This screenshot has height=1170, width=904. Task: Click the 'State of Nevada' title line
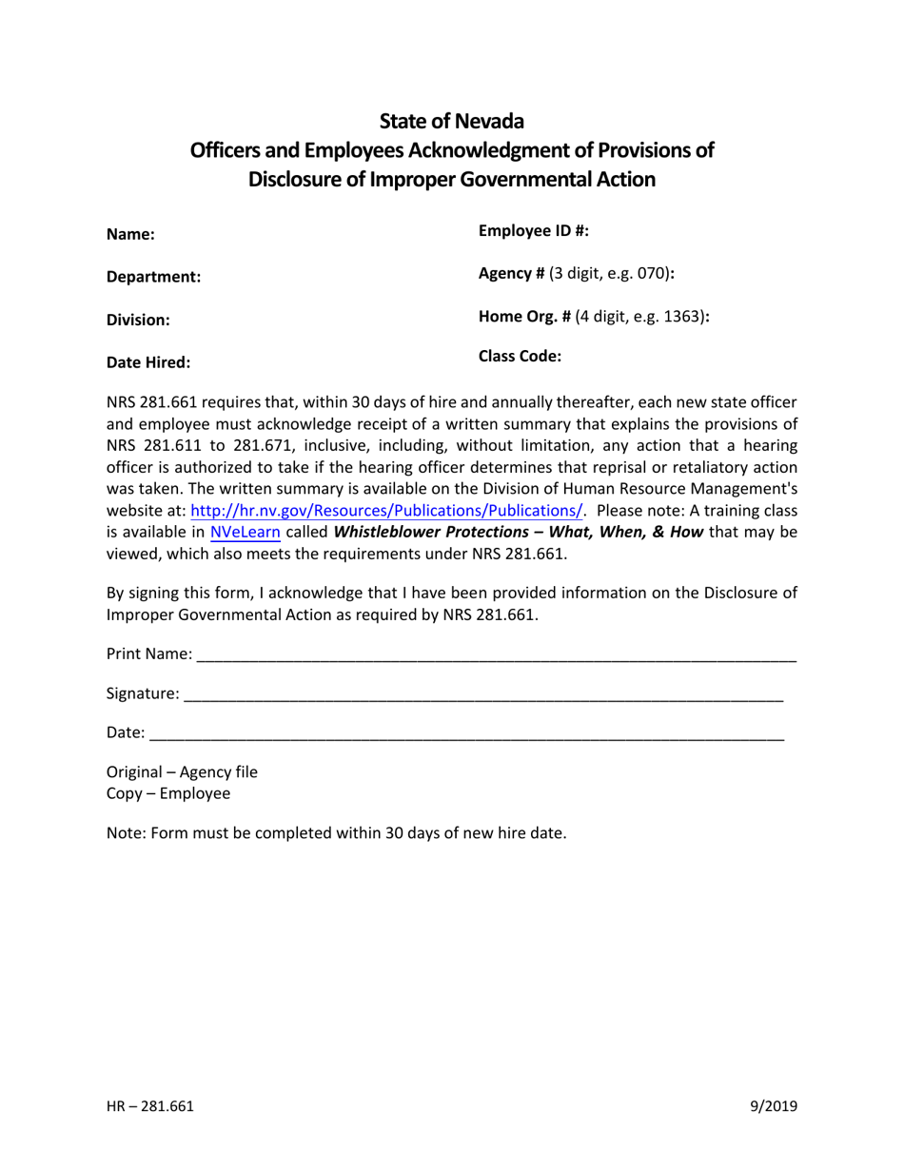[x=451, y=121]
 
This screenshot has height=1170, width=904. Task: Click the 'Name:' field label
[x=130, y=234]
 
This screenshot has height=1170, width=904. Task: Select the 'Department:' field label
[x=153, y=277]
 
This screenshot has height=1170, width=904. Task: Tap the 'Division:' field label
[x=138, y=320]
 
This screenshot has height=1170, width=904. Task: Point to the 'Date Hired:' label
[x=147, y=361]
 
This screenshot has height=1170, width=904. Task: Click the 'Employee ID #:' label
[x=533, y=230]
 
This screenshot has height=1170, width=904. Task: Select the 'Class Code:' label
[x=520, y=357]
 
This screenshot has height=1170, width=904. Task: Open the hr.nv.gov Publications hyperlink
[x=386, y=510]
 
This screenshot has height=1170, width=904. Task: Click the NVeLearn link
[x=245, y=532]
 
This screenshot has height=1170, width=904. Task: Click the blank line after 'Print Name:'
[x=495, y=656]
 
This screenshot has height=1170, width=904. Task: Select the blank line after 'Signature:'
[x=483, y=696]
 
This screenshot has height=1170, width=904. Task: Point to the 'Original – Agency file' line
[x=182, y=771]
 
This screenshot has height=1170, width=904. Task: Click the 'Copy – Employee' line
[x=167, y=793]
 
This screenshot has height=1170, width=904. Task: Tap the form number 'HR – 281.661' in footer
[x=150, y=1105]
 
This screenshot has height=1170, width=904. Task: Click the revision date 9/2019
[x=773, y=1105]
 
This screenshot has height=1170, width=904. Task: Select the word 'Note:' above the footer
[x=124, y=833]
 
